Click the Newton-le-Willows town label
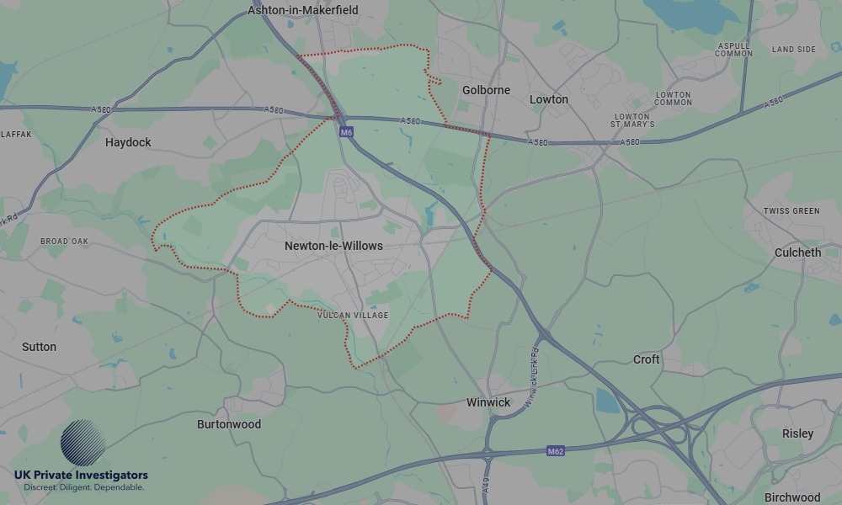333,246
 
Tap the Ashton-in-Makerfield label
303,10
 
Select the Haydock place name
128,142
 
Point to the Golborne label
487,90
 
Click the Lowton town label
549,99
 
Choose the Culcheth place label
797,252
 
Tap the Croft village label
647,359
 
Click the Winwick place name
488,402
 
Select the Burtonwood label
229,424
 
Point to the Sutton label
40,347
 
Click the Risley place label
797,433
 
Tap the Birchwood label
792,497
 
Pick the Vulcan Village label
354,316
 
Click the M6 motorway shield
346,132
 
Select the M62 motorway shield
555,451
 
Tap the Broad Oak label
64,242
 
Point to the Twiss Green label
791,210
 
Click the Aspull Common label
734,50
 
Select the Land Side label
794,50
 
